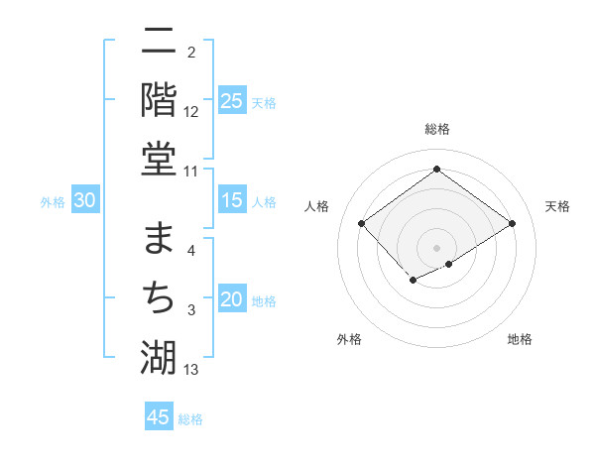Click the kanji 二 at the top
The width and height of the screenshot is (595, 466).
tap(159, 44)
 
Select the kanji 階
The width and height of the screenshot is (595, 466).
tap(159, 99)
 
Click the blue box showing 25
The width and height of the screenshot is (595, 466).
tap(232, 101)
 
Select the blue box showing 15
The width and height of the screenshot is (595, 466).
tap(232, 201)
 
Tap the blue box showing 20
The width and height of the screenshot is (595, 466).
tap(232, 299)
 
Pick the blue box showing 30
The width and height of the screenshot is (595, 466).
tap(85, 201)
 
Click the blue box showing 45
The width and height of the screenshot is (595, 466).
tap(159, 417)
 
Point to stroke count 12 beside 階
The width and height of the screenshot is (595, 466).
tap(191, 112)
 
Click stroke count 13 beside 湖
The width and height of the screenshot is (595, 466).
tap(191, 370)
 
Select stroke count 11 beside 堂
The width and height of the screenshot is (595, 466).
tap(191, 171)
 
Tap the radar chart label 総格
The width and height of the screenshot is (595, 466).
tap(436, 129)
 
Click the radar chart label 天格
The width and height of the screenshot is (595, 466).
tap(557, 206)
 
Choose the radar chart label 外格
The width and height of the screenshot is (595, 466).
tap(349, 339)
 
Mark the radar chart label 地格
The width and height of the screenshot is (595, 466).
tap(520, 339)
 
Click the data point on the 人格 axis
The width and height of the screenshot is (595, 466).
tap(362, 223)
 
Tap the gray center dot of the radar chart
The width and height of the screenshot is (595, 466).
tap(436, 247)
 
